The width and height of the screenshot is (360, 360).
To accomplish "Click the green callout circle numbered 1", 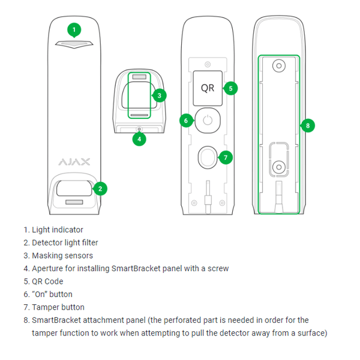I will coord(74,29).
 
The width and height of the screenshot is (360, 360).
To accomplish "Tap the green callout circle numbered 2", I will coord(101,188).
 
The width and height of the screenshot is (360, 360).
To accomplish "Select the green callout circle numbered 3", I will coord(159,95).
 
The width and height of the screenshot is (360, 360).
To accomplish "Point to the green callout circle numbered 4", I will coord(139,139).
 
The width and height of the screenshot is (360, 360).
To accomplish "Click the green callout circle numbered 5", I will coord(230,88).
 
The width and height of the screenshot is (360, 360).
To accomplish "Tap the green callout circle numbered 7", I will coord(226,157).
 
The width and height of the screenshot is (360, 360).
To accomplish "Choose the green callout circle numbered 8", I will coord(308,125).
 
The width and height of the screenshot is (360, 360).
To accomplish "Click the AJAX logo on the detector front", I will coord(74,161).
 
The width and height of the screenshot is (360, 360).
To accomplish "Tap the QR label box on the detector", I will coord(207,88).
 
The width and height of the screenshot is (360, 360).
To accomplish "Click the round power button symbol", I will coord(207,120).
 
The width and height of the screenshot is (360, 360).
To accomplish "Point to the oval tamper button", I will coord(207,157).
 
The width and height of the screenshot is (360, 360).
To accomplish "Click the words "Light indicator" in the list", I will coord(58,230).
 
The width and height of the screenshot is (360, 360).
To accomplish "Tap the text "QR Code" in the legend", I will coord(47,281).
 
